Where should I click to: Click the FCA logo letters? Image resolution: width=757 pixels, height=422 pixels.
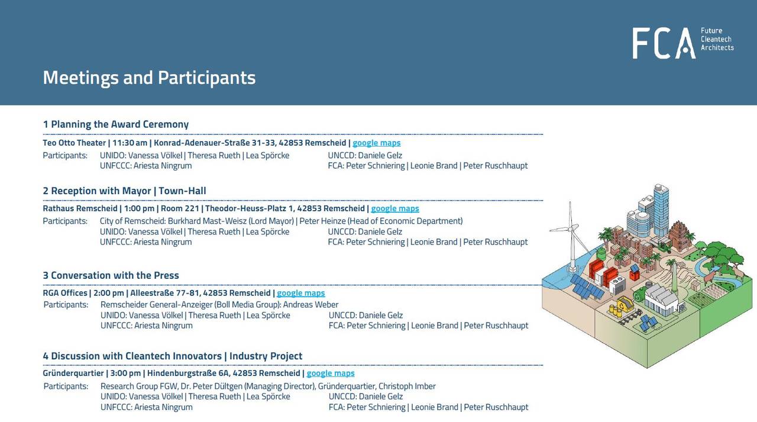coord(664,43)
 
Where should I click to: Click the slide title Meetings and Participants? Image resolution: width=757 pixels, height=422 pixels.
coord(149,78)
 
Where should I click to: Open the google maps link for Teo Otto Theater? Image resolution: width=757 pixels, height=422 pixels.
coord(377,143)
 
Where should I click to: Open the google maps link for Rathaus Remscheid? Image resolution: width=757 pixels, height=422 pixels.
coord(395,208)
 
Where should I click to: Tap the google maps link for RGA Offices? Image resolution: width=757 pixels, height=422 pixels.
coord(301,293)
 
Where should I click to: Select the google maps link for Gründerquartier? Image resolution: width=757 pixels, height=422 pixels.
coord(331,373)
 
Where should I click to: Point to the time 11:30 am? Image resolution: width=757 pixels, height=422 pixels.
coord(130,143)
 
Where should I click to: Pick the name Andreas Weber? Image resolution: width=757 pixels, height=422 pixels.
coord(310,305)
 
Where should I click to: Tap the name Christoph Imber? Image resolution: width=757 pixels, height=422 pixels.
coord(407,386)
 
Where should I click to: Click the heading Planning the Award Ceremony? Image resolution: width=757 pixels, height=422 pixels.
coord(119,124)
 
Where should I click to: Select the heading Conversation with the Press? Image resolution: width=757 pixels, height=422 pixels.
coord(115,275)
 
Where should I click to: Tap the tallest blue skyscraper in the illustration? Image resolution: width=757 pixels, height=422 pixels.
coord(661,210)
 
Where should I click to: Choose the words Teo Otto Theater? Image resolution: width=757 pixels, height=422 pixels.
coord(75,143)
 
